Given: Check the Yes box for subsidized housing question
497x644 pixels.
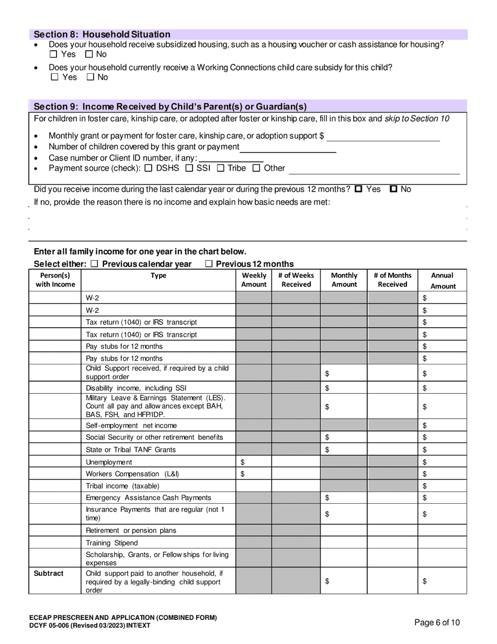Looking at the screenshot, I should pyautogui.click(x=53, y=54).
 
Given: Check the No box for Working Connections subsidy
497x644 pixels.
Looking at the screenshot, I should pyautogui.click(x=91, y=77).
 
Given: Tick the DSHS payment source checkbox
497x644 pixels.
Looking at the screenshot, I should pyautogui.click(x=148, y=169).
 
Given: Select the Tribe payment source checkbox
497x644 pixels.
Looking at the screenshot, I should pyautogui.click(x=221, y=169).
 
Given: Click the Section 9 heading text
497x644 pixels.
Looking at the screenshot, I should pyautogui.click(x=170, y=107).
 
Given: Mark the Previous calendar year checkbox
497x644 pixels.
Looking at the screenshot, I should pyautogui.click(x=95, y=264).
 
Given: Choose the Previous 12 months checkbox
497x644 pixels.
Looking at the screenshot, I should pyautogui.click(x=209, y=264).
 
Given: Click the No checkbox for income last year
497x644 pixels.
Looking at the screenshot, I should pyautogui.click(x=394, y=190).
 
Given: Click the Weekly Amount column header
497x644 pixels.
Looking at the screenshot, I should pyautogui.click(x=254, y=280).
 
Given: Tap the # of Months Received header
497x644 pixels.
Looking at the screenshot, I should pyautogui.click(x=392, y=280).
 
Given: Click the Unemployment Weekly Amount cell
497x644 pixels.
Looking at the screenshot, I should pyautogui.click(x=254, y=462).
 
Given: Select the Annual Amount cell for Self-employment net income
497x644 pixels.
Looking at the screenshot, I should pyautogui.click(x=442, y=426).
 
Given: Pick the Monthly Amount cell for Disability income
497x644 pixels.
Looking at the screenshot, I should pyautogui.click(x=344, y=388).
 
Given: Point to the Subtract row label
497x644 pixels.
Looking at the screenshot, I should pyautogui.click(x=49, y=573).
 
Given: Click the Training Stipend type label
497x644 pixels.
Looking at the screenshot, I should pyautogui.click(x=112, y=543).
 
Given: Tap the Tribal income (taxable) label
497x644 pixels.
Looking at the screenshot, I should pyautogui.click(x=122, y=486).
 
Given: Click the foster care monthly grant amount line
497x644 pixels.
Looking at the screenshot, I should pyautogui.click(x=383, y=137).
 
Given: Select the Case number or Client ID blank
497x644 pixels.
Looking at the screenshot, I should pyautogui.click(x=231, y=158).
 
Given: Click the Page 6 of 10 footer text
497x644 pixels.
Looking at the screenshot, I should pyautogui.click(x=437, y=623).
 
